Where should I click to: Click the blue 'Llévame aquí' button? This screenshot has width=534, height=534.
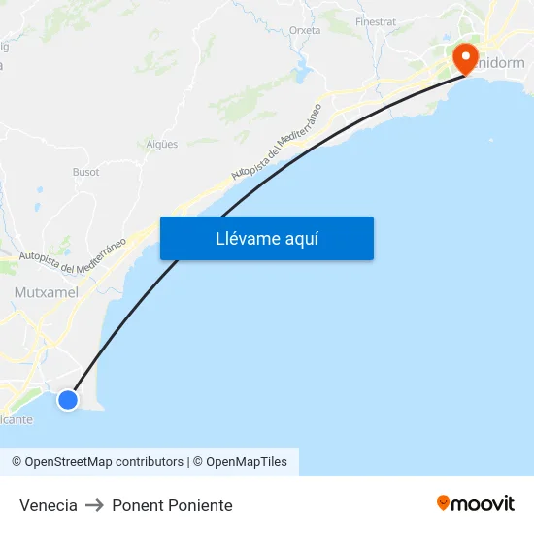(x=266, y=238)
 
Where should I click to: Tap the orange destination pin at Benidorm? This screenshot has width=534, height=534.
(x=465, y=58)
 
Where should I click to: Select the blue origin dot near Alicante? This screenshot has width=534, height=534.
(x=67, y=399)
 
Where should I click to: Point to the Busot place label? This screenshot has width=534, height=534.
(x=85, y=172)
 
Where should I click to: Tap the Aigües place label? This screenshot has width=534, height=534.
(x=162, y=144)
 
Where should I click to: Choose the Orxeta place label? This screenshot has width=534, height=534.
(x=305, y=31)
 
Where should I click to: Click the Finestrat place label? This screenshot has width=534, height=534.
(x=376, y=21)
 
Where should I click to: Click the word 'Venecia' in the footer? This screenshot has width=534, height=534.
(x=49, y=505)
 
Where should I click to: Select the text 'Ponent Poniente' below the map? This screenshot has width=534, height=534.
(x=172, y=505)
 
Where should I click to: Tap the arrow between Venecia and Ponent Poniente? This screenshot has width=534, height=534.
(x=94, y=505)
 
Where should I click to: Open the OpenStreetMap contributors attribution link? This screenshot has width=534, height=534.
(x=98, y=462)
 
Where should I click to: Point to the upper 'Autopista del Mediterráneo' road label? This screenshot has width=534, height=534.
(x=277, y=142)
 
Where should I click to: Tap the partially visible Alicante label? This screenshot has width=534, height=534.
(x=17, y=419)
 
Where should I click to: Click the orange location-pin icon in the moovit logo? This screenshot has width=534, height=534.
(x=444, y=503)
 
